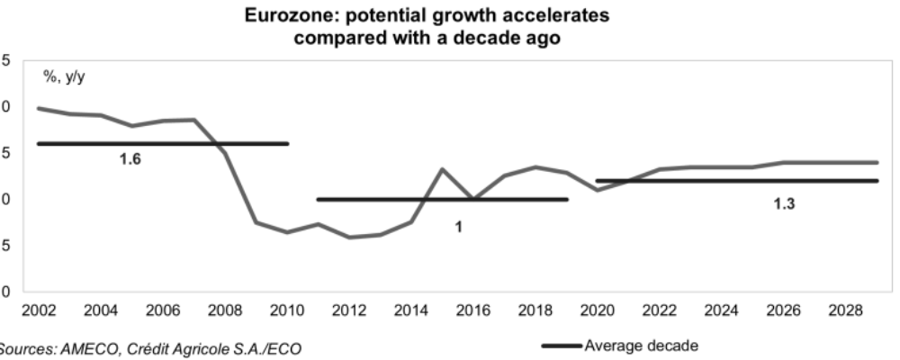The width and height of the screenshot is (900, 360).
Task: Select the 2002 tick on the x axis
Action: [39, 310]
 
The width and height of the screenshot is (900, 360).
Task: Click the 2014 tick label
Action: [411, 310]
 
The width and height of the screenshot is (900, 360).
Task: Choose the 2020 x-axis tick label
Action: [598, 310]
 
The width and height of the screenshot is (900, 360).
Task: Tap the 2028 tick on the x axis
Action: [847, 310]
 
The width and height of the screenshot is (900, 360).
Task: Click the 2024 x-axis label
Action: [722, 310]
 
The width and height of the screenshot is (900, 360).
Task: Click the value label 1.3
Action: [786, 203]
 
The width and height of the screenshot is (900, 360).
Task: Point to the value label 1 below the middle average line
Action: [458, 228]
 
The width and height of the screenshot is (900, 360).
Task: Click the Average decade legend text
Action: [642, 345]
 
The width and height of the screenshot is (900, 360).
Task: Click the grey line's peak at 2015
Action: [443, 169]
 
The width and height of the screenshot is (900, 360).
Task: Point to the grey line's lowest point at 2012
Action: [349, 238]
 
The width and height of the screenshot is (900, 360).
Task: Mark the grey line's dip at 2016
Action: [474, 198]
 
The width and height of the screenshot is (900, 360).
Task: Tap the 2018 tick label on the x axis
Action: [535, 310]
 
